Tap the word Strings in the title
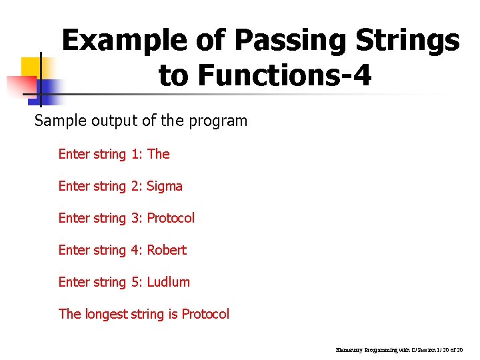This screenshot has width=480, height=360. tap(409, 41)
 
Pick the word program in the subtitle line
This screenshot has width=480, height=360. tap(218, 121)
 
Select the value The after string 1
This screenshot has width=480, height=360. tap(159, 154)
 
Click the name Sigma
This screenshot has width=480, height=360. tap(165, 186)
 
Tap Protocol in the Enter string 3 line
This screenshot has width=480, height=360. tap(171, 218)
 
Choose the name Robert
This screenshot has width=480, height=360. tap(167, 250)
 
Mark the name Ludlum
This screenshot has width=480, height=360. tap(169, 282)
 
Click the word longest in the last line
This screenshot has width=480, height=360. tap(106, 314)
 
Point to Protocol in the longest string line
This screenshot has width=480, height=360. tap(205, 314)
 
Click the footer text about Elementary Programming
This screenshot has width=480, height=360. tap(403, 349)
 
